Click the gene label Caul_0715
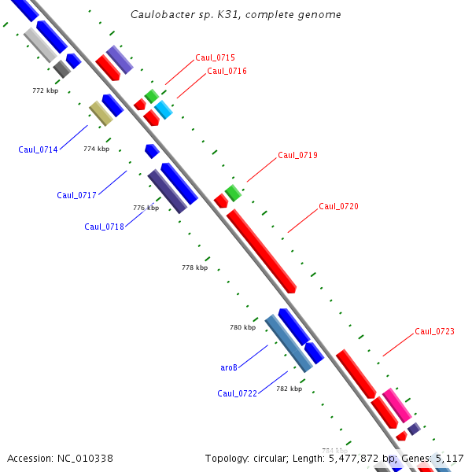pos(215,57)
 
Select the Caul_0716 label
pos(227,71)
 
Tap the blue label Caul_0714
pos(38,149)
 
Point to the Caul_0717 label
pos(76,195)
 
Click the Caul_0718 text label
pos(104,227)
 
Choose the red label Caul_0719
pos(297,155)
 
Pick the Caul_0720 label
pos(338,206)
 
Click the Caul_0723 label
pos(434,331)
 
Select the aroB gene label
pos(228,367)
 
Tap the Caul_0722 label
pos(237,393)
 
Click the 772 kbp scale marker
pos(45,90)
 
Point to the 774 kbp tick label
pos(96,149)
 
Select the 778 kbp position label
pos(194,267)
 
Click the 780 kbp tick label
pos(242,327)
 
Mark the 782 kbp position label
pos(289,389)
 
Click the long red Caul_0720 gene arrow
pos(261,250)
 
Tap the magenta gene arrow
pos(396,405)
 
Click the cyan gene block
pos(163,109)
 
